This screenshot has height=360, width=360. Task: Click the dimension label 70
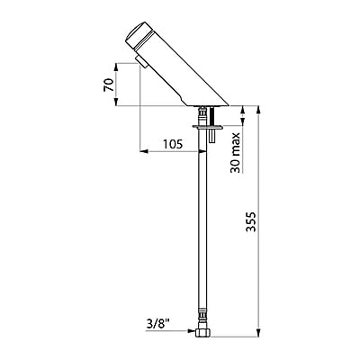point(109,85)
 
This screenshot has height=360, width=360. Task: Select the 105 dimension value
point(173,144)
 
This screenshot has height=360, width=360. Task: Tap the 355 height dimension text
point(251,221)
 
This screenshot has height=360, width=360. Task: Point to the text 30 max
point(236,153)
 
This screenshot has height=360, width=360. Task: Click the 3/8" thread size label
point(157,323)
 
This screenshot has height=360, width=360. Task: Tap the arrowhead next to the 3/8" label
point(191,331)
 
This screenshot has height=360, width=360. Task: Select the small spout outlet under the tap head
point(141,61)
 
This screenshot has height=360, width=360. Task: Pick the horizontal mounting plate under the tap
point(208,127)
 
